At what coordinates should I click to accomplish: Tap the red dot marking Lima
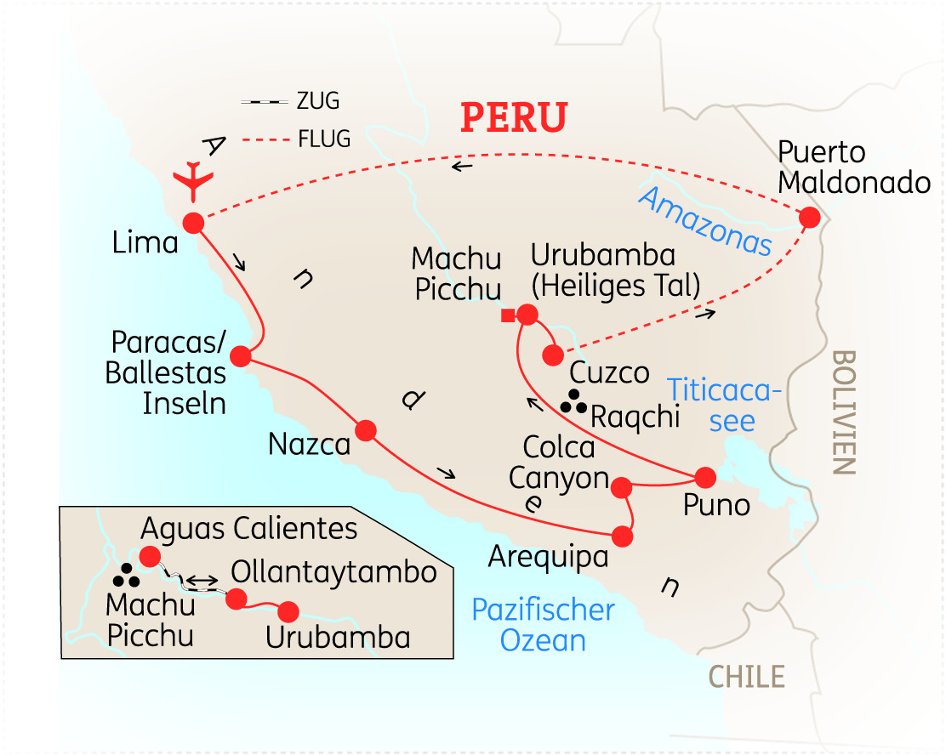(x=192, y=223)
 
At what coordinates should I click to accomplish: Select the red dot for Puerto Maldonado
(x=810, y=217)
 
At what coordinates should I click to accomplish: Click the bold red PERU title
(x=514, y=117)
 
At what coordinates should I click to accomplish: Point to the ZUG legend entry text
(x=317, y=102)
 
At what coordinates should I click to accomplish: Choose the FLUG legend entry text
(x=323, y=139)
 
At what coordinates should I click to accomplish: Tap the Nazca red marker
(x=366, y=431)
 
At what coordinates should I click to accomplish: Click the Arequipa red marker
(x=623, y=536)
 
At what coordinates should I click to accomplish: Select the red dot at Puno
(x=705, y=477)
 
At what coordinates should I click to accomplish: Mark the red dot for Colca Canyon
(x=621, y=487)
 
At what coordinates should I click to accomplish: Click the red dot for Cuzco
(x=554, y=355)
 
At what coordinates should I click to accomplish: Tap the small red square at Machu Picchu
(x=508, y=316)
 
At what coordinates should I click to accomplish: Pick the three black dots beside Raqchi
(x=575, y=402)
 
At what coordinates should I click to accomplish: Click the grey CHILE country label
(x=746, y=677)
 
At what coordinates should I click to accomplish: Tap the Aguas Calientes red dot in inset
(x=150, y=557)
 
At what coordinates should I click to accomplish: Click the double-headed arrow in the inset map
(x=201, y=581)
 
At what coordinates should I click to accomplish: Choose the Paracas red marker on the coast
(x=241, y=356)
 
